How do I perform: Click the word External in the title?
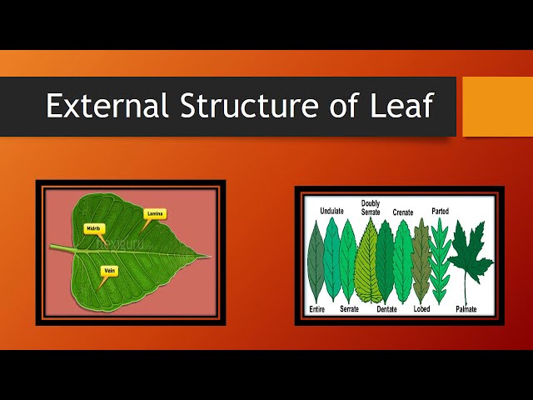pyautogui.click(x=107, y=105)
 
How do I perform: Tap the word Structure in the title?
pyautogui.click(x=249, y=105)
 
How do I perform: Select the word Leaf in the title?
pyautogui.click(x=401, y=105)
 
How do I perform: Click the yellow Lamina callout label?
pyautogui.click(x=155, y=214)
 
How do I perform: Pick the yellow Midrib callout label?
pyautogui.click(x=94, y=228)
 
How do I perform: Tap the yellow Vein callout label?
pyautogui.click(x=109, y=271)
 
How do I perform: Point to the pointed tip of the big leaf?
pyautogui.click(x=211, y=256)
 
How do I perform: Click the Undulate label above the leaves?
pyautogui.click(x=331, y=211)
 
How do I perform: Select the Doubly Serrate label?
pyautogui.click(x=371, y=207)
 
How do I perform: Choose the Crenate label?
pyautogui.click(x=403, y=212)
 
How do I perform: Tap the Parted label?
pyautogui.click(x=441, y=211)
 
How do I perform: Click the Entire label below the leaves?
pyautogui.click(x=316, y=309)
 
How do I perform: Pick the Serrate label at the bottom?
pyautogui.click(x=350, y=309)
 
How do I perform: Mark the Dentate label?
pyautogui.click(x=386, y=309)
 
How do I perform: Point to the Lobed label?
pyautogui.click(x=421, y=309)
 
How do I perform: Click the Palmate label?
pyautogui.click(x=466, y=309)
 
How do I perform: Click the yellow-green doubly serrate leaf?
pyautogui.click(x=368, y=262)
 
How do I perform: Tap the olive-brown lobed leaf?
pyautogui.click(x=421, y=260)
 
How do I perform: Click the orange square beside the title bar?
pyautogui.click(x=498, y=107)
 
